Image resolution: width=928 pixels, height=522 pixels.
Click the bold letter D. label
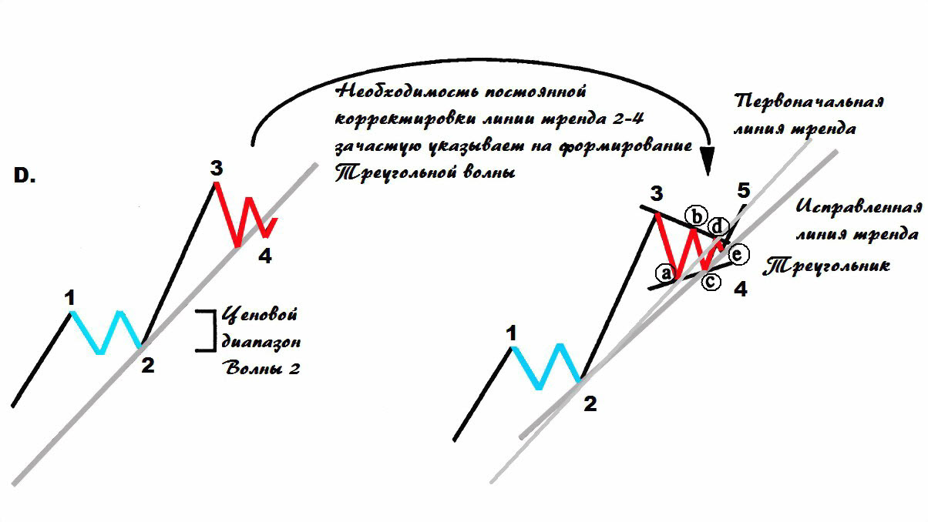point(25,176)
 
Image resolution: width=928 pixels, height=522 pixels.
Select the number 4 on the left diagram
point(264,256)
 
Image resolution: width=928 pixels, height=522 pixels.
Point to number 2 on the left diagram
point(147,365)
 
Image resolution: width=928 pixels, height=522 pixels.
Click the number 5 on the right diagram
point(742,189)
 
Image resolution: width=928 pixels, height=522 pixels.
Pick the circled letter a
point(664,273)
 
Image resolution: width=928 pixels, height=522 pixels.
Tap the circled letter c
point(711,282)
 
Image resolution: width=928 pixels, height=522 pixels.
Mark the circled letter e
point(738,254)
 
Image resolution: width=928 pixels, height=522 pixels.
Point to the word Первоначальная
point(809,102)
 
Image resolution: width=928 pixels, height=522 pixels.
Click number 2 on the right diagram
point(590,404)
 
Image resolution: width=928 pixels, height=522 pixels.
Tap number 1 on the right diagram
point(510,333)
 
